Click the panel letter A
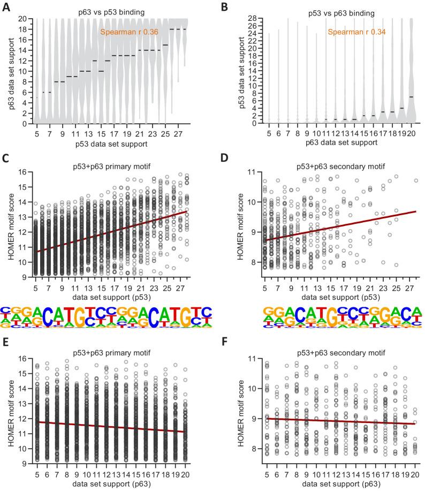click(x=6, y=5)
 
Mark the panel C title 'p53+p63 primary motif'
click(x=107, y=164)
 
